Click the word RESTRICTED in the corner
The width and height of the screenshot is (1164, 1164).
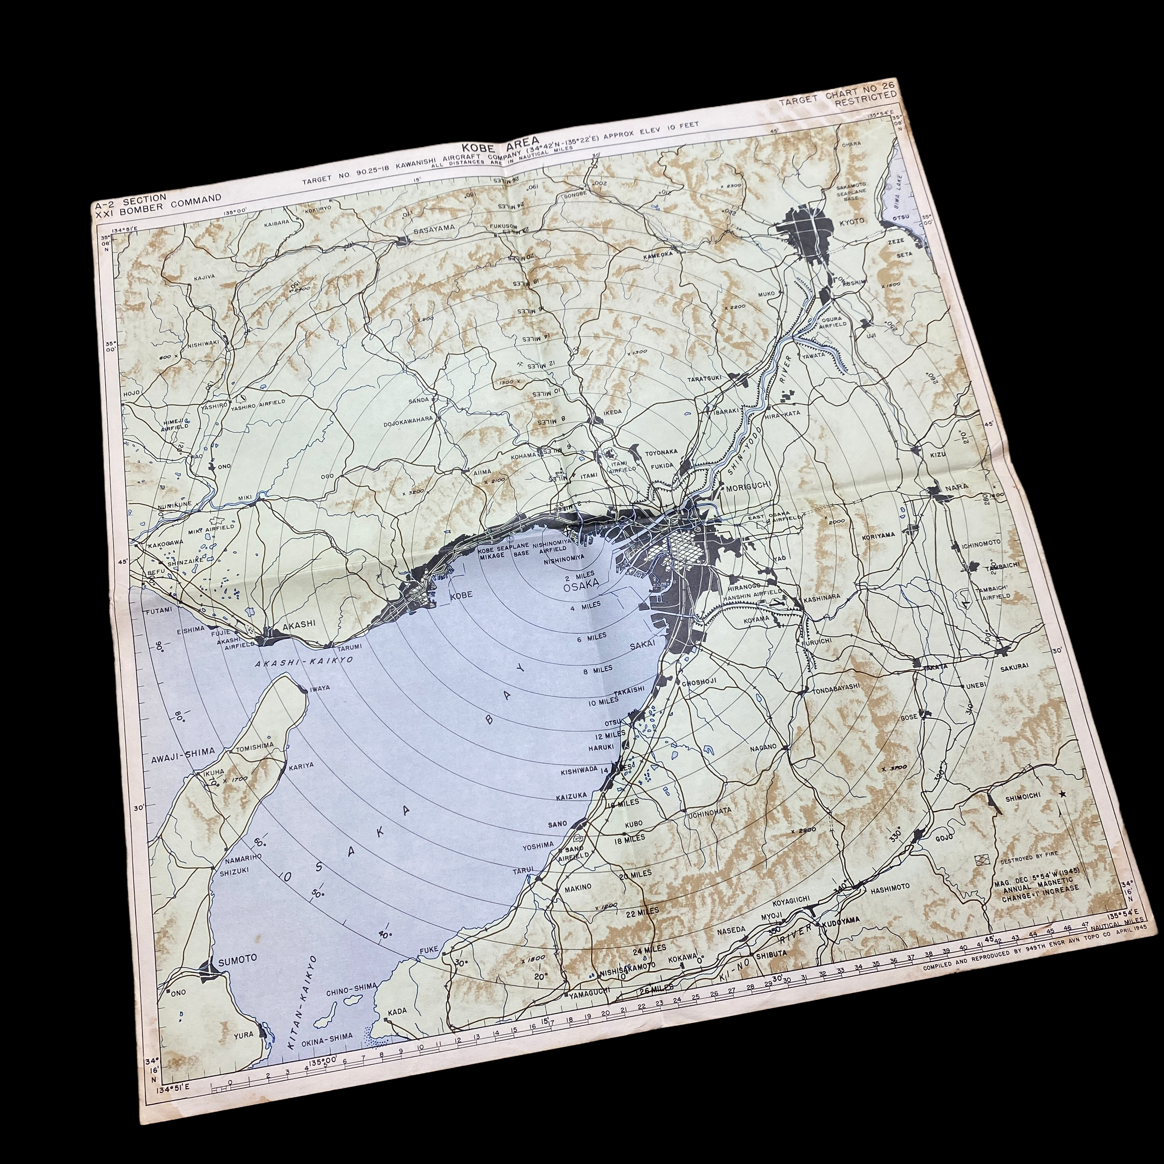pyautogui.click(x=865, y=97)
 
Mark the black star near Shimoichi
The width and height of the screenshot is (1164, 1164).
pyautogui.click(x=1062, y=793)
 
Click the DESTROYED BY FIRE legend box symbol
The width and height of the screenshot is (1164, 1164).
pyautogui.click(x=982, y=860)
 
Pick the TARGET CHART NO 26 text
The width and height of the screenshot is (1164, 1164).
pyautogui.click(x=837, y=89)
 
